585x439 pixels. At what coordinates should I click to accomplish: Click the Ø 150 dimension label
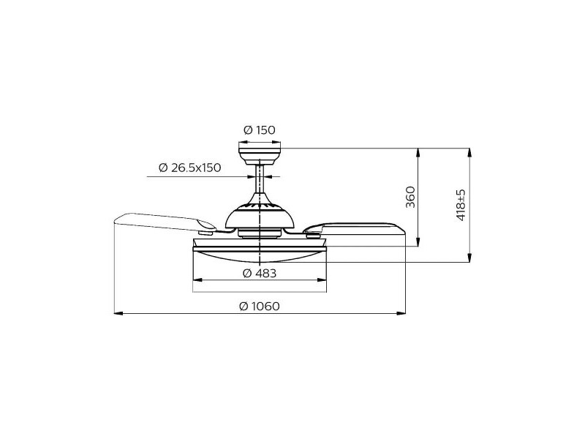pos(260,130)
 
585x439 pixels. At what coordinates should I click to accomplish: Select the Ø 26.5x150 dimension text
pos(190,168)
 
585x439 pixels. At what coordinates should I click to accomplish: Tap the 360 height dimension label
pos(410,197)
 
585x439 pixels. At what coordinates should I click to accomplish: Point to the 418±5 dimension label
pos(461,205)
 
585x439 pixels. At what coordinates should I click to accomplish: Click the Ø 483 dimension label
pos(260,273)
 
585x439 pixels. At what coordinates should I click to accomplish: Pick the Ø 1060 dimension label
pos(260,306)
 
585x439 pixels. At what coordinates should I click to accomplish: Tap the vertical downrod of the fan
pos(260,179)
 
